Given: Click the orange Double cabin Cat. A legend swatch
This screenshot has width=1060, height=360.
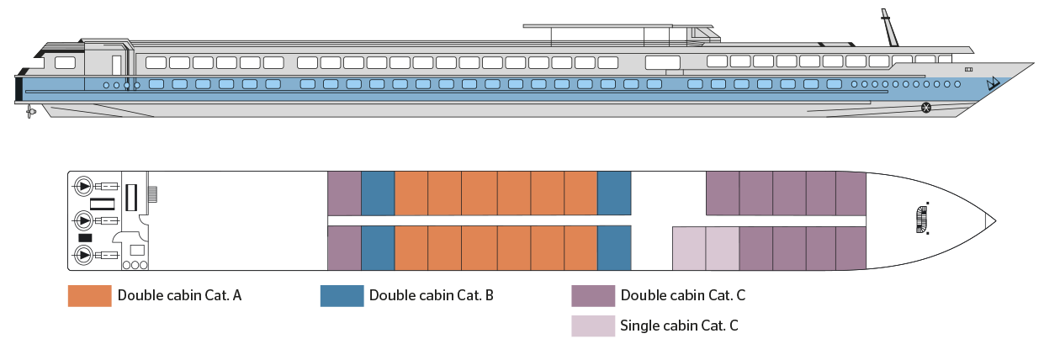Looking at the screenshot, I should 89,296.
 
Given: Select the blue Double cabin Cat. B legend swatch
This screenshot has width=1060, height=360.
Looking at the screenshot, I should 342,296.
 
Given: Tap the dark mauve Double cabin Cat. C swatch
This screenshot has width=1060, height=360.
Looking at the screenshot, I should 592,296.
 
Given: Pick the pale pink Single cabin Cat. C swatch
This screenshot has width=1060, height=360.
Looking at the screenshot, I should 592,326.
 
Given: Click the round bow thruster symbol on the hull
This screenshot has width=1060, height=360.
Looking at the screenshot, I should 926,107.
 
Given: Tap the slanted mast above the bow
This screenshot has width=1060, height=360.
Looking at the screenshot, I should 888,28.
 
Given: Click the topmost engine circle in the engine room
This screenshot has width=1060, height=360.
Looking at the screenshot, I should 84,185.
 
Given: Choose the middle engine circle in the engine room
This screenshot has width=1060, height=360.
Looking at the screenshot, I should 84,220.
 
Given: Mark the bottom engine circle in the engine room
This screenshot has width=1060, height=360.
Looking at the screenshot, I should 84,255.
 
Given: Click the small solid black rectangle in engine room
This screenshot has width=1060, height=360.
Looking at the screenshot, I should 85,238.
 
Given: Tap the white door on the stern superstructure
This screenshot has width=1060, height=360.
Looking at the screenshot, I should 117,65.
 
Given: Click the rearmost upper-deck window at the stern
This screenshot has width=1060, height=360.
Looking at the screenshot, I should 64,62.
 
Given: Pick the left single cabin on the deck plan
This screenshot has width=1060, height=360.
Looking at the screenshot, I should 688,248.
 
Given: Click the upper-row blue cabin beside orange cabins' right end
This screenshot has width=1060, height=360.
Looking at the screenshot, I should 613,193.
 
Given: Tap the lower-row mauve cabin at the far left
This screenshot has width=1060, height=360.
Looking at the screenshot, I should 343,248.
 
